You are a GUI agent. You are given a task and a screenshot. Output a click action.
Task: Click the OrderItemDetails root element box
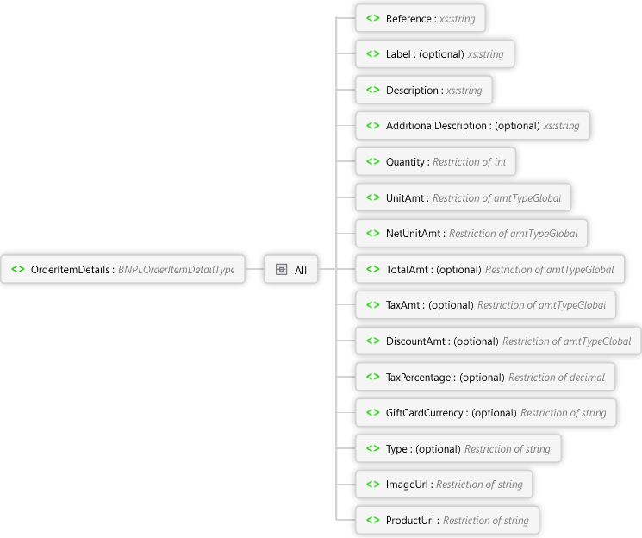point(123,270)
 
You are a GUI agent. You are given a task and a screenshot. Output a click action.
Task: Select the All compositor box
point(290,270)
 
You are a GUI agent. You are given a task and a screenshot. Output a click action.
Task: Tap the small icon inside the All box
point(281,270)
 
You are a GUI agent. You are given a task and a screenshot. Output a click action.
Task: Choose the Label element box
point(434,54)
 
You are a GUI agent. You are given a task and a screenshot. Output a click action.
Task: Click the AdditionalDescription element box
point(472,126)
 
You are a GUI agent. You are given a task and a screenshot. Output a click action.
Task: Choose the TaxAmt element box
point(486,305)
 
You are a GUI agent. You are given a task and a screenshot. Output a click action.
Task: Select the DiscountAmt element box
point(498,341)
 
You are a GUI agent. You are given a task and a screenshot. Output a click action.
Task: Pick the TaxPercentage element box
point(485,377)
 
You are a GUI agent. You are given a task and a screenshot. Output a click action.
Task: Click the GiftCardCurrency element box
point(486,413)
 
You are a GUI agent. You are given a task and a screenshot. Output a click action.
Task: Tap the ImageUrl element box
point(444,485)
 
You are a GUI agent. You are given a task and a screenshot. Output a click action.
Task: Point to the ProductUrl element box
point(447,521)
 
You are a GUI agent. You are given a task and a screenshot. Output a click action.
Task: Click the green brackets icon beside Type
point(372,448)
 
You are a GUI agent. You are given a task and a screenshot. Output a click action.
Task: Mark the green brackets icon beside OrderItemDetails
point(17,270)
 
